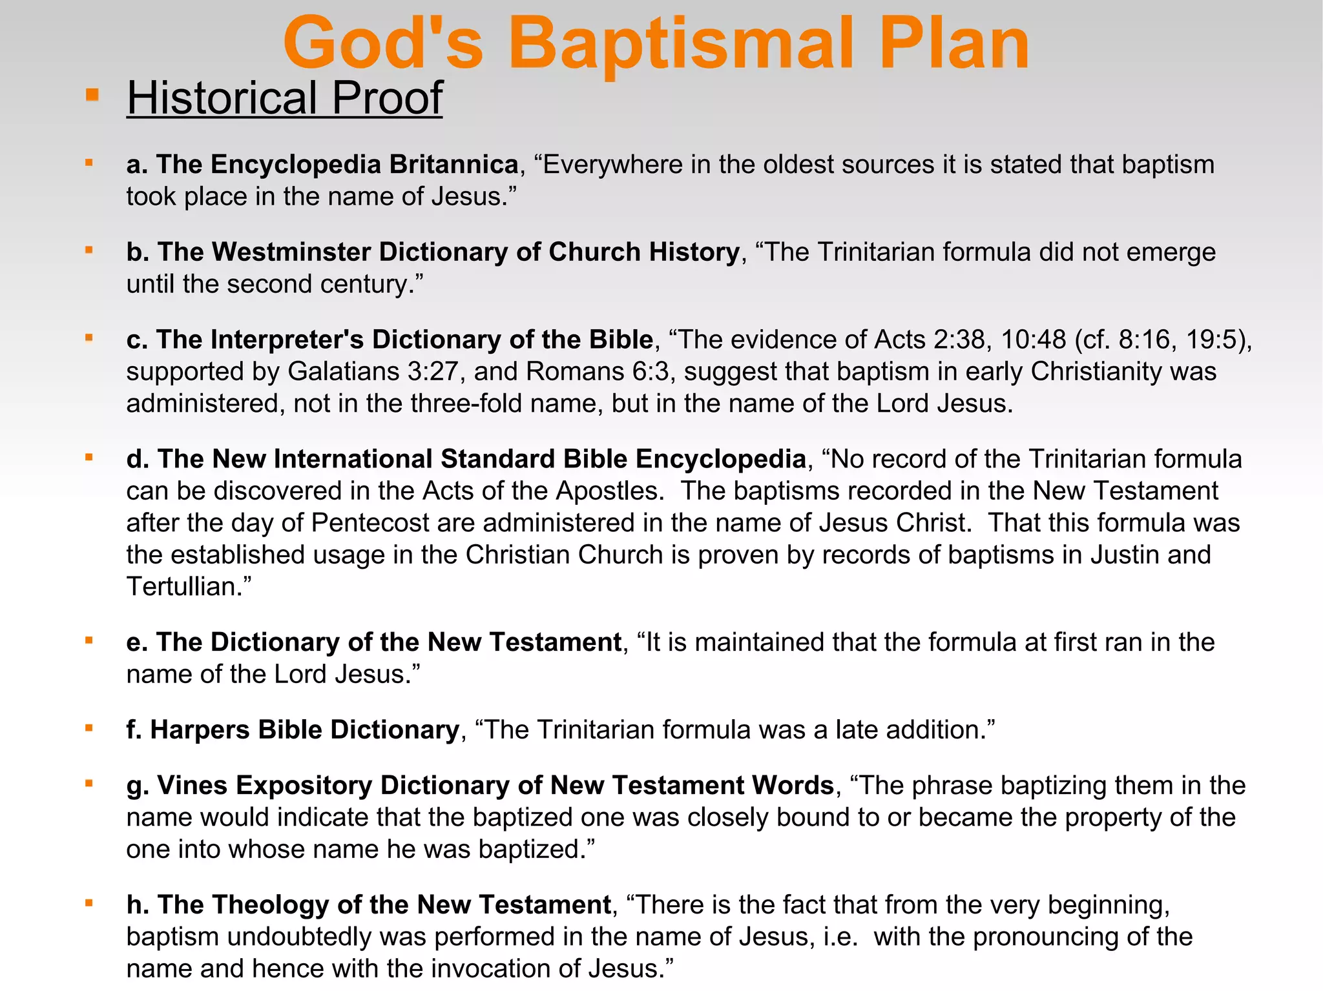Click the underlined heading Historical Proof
(x=284, y=98)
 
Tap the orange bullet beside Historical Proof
(x=92, y=96)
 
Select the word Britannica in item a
(x=453, y=165)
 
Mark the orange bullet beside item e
(x=89, y=641)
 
